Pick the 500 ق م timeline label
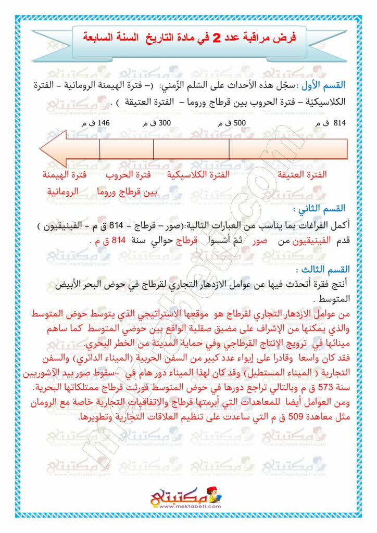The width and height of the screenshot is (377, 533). [228, 123]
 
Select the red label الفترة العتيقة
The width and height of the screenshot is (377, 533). [303, 174]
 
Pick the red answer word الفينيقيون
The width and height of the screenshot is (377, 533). [312, 242]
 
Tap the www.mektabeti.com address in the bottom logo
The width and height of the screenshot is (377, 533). [188, 506]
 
